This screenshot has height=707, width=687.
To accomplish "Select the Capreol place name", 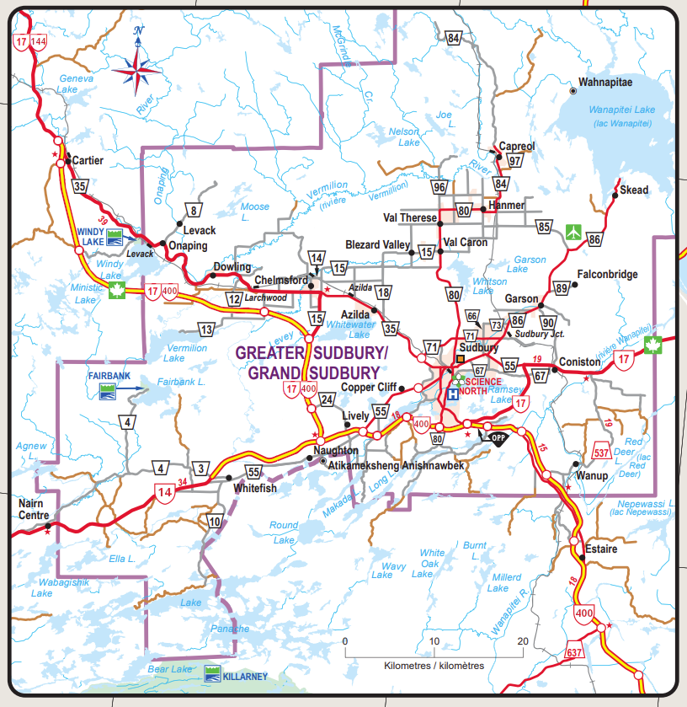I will [517, 146].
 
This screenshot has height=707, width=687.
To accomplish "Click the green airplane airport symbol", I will [575, 229].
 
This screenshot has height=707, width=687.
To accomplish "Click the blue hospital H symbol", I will [453, 394].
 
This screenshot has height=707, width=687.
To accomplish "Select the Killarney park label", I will [245, 676].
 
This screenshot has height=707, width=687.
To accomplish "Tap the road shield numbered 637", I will [574, 652].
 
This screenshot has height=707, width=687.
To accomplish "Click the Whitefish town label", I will [255, 489].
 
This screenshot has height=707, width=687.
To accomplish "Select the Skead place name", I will [634, 190].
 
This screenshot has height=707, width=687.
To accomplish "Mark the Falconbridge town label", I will [608, 274].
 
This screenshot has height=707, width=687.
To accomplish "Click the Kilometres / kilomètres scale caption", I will [434, 665].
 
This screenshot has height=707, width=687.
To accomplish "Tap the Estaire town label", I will [601, 549].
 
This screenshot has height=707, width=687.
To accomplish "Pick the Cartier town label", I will [88, 160].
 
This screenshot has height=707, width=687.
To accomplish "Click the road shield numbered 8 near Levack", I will [194, 211].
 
